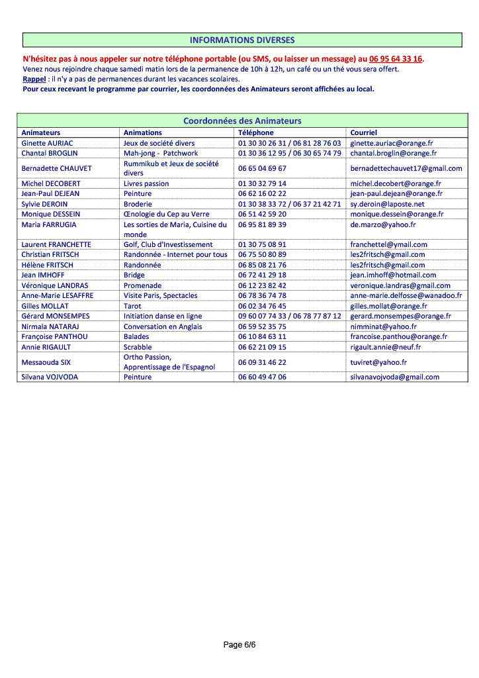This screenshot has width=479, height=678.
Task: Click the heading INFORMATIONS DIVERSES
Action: [x=242, y=40]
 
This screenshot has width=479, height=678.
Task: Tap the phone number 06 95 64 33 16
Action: [x=396, y=59]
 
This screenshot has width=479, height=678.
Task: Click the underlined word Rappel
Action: [x=34, y=79]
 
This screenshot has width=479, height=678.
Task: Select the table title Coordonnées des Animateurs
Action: [x=242, y=121]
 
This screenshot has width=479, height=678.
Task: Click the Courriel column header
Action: [x=364, y=132]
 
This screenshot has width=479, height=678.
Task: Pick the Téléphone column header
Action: [x=255, y=132]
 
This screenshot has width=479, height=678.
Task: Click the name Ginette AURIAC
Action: [x=48, y=143]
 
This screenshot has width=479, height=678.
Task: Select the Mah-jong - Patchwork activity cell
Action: [x=161, y=153]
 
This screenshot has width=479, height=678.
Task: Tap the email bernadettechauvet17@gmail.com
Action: [x=406, y=168]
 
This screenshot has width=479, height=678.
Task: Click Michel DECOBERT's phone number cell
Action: [x=263, y=183]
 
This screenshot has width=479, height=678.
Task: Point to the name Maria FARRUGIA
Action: [x=49, y=224]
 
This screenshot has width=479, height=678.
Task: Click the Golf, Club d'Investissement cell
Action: [x=168, y=244]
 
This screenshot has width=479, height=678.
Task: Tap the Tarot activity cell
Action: [x=132, y=306]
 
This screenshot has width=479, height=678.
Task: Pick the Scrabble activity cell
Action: [x=138, y=347]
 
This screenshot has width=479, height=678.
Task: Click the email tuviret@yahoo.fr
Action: [x=378, y=362]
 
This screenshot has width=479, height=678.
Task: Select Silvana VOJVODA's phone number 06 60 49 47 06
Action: [x=263, y=377]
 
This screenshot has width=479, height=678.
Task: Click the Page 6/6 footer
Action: [x=239, y=644]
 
